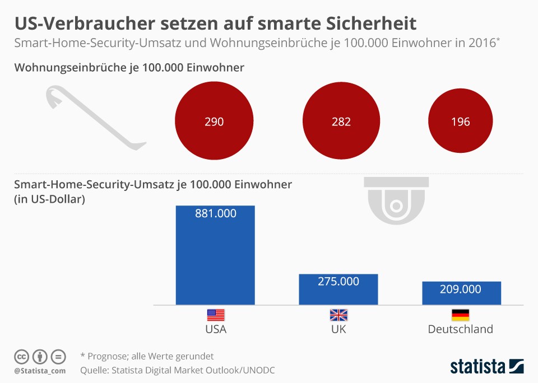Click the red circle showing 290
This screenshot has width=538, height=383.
(x=214, y=121)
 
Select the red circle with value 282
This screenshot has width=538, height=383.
(x=341, y=121)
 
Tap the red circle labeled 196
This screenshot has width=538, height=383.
(x=461, y=121)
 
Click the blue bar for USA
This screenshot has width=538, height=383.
(x=215, y=255)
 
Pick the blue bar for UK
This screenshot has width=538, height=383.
(x=338, y=289)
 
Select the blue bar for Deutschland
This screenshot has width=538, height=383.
(x=461, y=293)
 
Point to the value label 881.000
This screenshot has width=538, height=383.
(x=216, y=213)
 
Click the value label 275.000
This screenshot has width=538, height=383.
(x=338, y=282)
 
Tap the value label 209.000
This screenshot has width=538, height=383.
(x=461, y=289)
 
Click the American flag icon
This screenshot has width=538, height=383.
(x=216, y=315)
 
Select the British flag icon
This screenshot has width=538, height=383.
(x=338, y=315)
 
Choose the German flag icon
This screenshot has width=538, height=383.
(x=461, y=315)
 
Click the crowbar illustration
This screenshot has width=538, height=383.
(x=96, y=118)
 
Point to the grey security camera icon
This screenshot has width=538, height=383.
(x=396, y=200)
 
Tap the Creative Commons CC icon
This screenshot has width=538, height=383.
(x=21, y=357)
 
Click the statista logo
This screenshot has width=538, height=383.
(x=487, y=366)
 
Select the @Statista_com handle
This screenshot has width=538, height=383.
(x=40, y=371)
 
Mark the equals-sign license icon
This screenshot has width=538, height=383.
(x=58, y=357)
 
